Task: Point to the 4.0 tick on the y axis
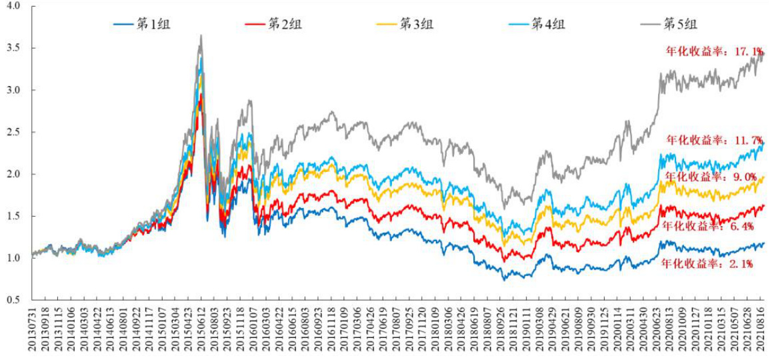point(13,6)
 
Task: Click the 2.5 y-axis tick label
point(13,132)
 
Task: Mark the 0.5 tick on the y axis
point(13,300)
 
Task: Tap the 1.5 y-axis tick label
point(13,216)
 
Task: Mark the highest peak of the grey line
point(201,36)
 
